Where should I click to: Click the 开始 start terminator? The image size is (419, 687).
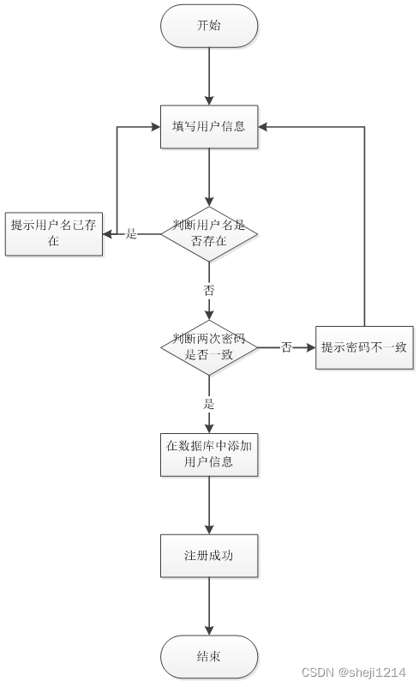[209, 26]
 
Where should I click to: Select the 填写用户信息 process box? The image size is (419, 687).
[209, 127]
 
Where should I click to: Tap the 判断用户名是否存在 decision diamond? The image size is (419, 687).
[209, 233]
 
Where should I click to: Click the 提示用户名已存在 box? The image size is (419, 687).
[54, 233]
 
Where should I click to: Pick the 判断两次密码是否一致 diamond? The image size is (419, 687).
[209, 347]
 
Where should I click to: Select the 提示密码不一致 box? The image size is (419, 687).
[364, 347]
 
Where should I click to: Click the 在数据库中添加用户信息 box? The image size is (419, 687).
[209, 454]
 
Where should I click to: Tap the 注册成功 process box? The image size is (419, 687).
[209, 556]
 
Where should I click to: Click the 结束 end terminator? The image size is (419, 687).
[209, 656]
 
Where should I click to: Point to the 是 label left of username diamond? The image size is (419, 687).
[131, 233]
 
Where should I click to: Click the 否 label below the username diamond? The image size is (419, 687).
[209, 290]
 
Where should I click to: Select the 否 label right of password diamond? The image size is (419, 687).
[286, 347]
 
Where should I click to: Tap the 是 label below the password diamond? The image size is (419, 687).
[209, 404]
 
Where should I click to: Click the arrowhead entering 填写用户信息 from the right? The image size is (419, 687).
[264, 127]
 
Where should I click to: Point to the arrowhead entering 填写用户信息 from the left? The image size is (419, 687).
[155, 127]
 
